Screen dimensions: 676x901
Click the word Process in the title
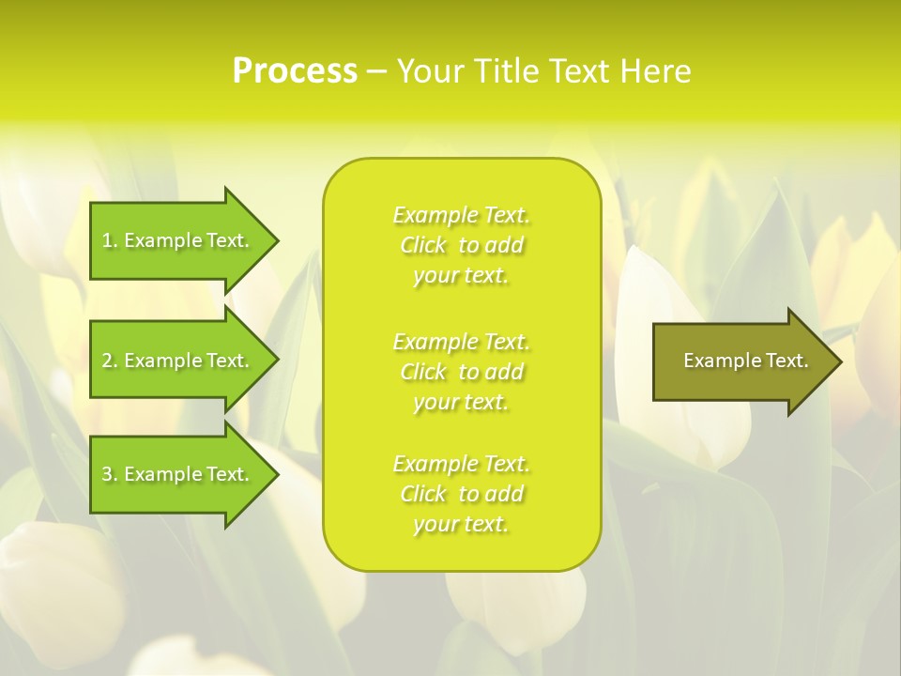point(295,71)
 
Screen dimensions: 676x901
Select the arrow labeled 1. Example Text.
point(178,240)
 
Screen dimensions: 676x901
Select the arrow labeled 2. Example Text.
point(178,361)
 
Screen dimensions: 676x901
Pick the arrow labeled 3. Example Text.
point(178,474)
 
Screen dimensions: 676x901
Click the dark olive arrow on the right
point(741,361)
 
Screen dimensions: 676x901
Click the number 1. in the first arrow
point(109,240)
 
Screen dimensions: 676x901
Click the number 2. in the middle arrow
point(109,361)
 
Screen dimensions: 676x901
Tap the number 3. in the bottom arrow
point(109,474)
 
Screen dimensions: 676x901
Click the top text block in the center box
point(462,245)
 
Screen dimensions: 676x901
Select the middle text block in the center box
point(462,372)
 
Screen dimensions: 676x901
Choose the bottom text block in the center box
point(462,494)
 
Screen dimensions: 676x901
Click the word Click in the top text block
point(423,245)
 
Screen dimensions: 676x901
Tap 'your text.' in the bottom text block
point(461,524)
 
